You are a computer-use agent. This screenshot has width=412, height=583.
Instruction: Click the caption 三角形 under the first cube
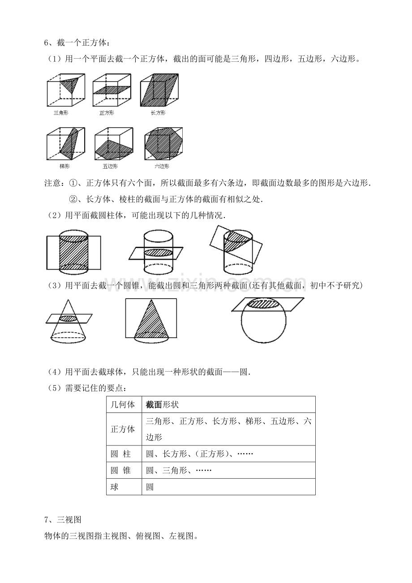point(61,113)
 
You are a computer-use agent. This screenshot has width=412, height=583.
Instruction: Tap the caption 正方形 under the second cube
point(107,113)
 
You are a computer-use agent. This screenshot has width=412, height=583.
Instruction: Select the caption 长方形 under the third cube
point(158,113)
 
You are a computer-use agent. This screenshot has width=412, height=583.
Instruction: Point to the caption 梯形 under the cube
point(64,166)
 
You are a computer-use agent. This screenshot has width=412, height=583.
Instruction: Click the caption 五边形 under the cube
point(110,166)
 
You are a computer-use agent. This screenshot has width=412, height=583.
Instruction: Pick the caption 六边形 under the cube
point(162,166)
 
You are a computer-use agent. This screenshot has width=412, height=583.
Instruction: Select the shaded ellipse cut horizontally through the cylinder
point(158,253)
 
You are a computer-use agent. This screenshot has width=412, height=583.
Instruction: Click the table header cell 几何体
point(123,404)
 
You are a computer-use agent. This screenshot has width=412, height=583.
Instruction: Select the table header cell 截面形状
point(162,404)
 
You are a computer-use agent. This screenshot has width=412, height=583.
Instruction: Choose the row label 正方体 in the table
point(123,429)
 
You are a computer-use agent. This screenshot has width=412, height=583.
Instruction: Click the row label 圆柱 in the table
point(120,454)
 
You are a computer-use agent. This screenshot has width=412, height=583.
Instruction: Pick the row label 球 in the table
point(115,487)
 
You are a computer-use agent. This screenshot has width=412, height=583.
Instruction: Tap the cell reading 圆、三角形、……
point(179,470)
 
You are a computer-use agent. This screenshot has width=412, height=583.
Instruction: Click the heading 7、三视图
point(62,519)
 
